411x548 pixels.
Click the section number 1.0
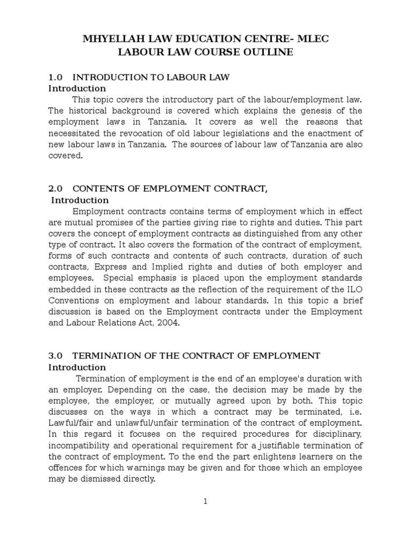56,77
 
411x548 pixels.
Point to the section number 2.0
56,188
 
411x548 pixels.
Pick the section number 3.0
56,356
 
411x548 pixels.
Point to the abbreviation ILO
354,290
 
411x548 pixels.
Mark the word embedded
69,290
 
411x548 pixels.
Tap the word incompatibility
81,446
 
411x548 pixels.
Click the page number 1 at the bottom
205,501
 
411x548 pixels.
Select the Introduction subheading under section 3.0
77,367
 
